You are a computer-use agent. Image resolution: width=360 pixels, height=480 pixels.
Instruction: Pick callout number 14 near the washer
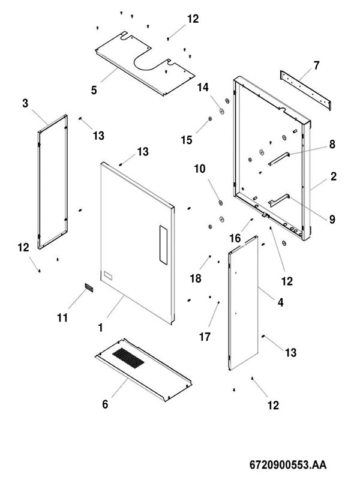pos(203,88)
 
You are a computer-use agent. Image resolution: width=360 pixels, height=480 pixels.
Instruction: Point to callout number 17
pos(205,337)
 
